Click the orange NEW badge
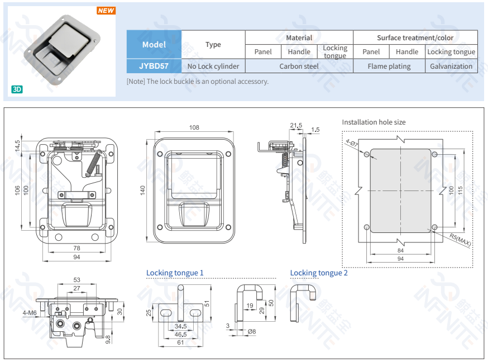tap(106, 11)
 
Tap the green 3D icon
tap(17, 89)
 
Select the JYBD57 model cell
tap(154, 66)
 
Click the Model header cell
tap(154, 44)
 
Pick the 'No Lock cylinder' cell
tap(213, 66)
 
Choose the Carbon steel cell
tap(299, 66)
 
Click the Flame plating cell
tap(389, 66)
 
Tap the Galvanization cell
tap(451, 66)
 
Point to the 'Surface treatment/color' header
tap(415, 37)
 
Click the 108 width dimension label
tap(194, 128)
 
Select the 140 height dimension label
tap(143, 190)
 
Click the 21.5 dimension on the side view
tap(296, 125)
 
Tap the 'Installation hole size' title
tap(374, 122)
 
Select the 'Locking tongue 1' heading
tap(175, 273)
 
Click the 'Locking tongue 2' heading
tap(319, 273)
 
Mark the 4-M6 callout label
tap(30, 313)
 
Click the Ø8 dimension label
tap(252, 331)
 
